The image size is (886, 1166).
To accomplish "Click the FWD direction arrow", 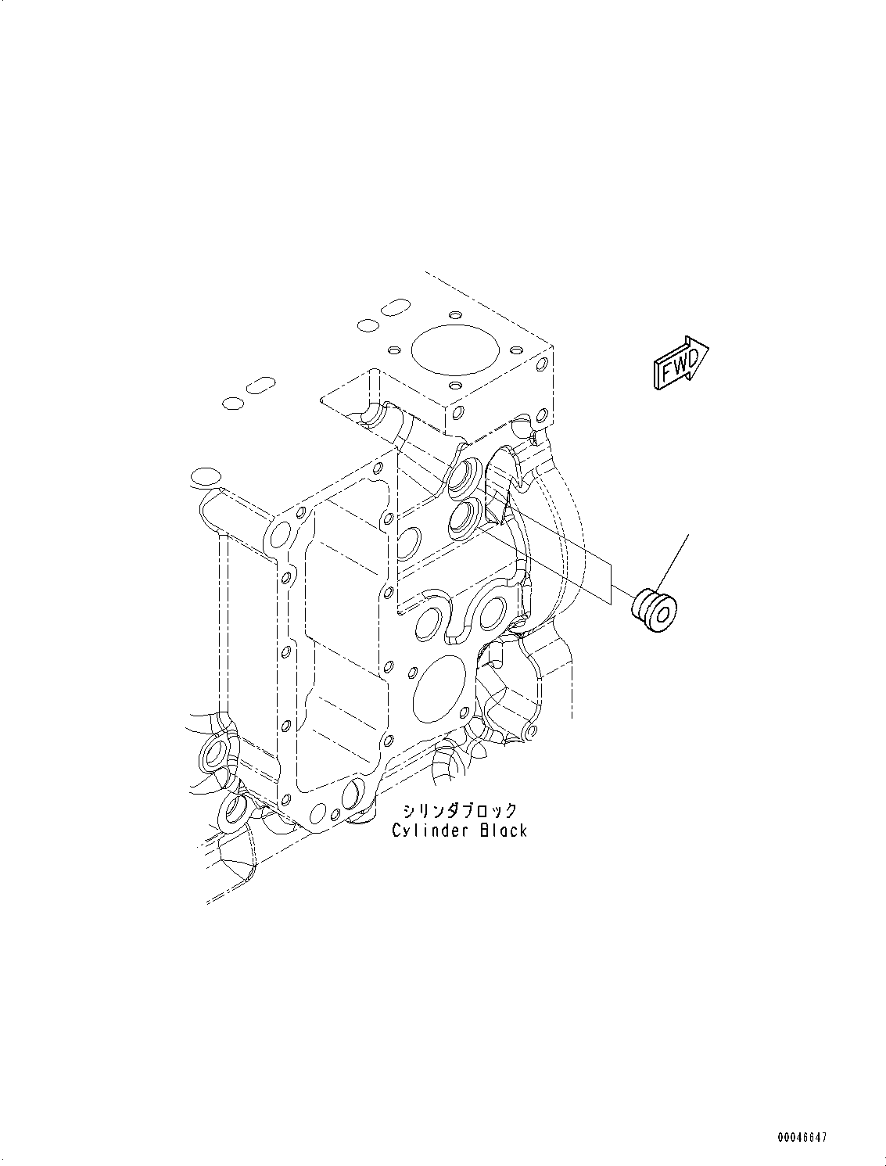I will [x=680, y=362].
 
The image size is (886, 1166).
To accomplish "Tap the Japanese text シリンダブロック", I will [x=460, y=811].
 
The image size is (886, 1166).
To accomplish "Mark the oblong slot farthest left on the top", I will [x=260, y=385].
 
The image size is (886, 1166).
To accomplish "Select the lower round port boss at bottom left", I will [x=234, y=811].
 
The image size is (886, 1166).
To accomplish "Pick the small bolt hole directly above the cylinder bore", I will [x=454, y=315].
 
